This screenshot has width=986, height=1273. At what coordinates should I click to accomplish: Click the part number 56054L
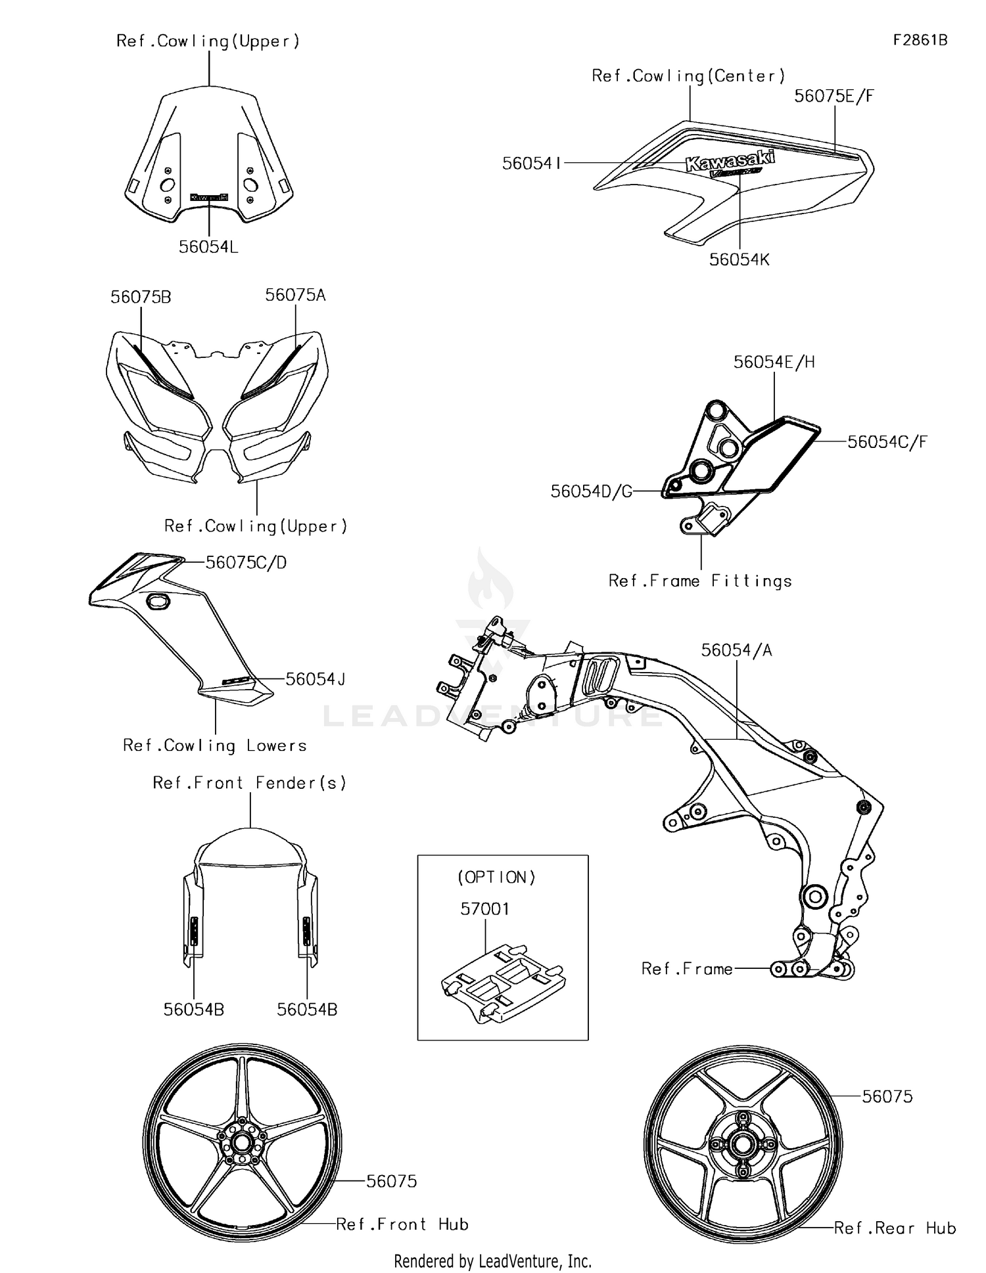click(208, 247)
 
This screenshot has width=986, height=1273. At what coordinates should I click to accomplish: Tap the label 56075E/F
click(834, 96)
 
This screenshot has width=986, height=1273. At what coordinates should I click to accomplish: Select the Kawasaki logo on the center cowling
click(730, 160)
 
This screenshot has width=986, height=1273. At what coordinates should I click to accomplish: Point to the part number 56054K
click(739, 259)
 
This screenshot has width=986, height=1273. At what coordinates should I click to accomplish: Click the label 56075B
click(141, 297)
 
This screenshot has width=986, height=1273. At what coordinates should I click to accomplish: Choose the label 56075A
click(295, 295)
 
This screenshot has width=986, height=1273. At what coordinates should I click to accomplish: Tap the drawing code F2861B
click(920, 40)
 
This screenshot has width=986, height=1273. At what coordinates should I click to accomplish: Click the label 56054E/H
click(774, 362)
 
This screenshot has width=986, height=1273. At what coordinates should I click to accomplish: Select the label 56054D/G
click(592, 491)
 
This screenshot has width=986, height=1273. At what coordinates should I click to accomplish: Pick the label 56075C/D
click(246, 562)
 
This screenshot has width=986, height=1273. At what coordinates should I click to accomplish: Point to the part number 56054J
click(316, 679)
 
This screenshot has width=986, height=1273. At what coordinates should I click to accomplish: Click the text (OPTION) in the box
click(496, 877)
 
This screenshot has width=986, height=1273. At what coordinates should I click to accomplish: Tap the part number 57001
click(484, 909)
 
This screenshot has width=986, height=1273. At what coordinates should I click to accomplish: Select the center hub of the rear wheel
click(743, 1144)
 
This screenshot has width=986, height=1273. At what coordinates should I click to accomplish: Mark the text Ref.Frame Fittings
click(700, 581)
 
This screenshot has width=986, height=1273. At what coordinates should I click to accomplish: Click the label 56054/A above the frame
click(736, 650)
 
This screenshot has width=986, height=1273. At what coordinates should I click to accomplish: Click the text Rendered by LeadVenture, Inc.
click(492, 1261)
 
